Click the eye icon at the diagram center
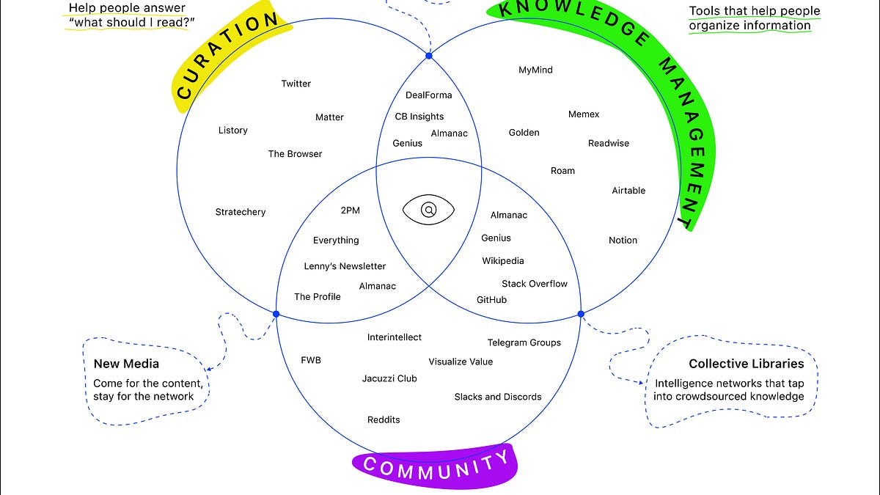click(429, 210)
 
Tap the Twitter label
click(296, 84)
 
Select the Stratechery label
click(241, 212)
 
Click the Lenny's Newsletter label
click(345, 266)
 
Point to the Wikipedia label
click(503, 261)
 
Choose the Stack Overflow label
click(535, 284)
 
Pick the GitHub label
click(491, 300)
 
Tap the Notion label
click(623, 241)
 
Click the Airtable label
click(628, 191)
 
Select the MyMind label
click(535, 70)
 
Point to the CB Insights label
click(419, 117)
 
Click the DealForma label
click(429, 95)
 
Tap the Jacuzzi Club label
click(389, 378)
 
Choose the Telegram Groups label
click(524, 342)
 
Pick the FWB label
click(311, 360)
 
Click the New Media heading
click(126, 364)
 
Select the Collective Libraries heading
click(747, 364)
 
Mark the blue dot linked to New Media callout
click(276, 314)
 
